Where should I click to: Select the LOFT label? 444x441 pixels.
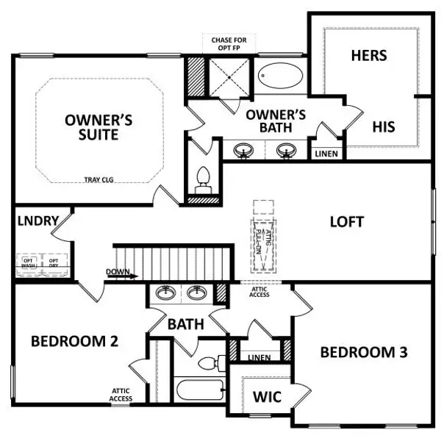pos(347,220)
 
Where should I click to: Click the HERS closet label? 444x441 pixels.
pos(369,55)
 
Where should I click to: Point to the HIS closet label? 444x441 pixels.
pos(383,126)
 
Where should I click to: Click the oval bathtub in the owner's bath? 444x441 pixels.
pos(280,76)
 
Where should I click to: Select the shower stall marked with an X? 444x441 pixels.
pos(229,75)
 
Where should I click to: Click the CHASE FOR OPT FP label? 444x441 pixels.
pos(229,43)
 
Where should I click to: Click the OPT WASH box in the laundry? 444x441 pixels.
pos(29,263)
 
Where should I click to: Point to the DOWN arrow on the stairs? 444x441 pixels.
pos(122,276)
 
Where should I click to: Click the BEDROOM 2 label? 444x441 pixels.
pos(75,341)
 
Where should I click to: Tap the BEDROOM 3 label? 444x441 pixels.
pos(363,352)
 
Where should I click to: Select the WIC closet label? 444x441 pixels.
pos(268,397)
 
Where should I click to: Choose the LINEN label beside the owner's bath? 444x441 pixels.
pos(326,154)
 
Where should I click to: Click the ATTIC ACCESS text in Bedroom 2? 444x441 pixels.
pos(122,395)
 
